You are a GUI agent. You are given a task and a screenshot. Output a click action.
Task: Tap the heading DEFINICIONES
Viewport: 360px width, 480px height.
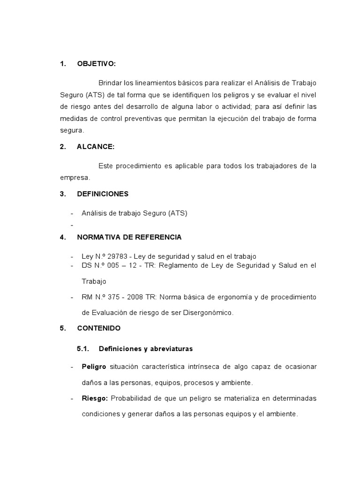pos(102,194)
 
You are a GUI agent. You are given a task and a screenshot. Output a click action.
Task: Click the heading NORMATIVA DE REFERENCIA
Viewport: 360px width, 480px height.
pos(129,237)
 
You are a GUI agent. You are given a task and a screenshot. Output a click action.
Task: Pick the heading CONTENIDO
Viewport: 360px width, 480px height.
pos(98,328)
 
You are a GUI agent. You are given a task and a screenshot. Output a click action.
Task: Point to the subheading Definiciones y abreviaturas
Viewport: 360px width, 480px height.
pos(146,349)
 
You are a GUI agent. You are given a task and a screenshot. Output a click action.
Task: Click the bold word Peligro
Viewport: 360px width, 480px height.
pos(94,366)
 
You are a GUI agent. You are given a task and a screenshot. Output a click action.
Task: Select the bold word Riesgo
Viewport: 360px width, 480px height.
pos(95,398)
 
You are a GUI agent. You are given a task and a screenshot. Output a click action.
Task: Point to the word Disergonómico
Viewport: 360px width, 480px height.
pos(209,313)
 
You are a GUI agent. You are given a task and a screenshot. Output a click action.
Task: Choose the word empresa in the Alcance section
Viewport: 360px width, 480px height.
pos(74,178)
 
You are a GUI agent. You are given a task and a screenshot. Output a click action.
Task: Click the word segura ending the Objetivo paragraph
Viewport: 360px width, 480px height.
pos(72,130)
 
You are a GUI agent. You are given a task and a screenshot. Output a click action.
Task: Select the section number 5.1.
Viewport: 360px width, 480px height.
pos(82,349)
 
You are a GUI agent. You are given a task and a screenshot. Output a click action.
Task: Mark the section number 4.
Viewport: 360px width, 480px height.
pos(62,237)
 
